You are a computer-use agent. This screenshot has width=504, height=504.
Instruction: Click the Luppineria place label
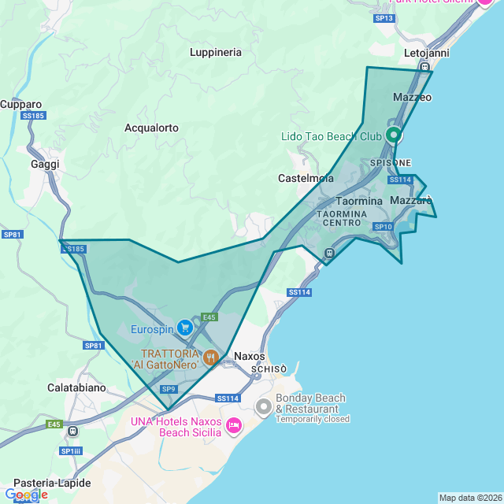pos(216,52)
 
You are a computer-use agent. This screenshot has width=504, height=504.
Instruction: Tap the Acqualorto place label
pos(151,128)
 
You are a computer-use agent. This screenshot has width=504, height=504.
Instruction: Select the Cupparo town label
pos(21,104)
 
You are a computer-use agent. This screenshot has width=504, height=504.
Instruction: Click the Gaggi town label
pos(45,164)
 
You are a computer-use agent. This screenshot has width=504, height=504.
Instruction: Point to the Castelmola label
pos(306,179)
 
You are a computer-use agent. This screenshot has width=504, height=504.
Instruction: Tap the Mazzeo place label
pos(412,97)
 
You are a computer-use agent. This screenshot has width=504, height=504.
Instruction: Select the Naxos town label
pos(250,356)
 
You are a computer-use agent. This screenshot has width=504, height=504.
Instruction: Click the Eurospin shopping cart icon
pos(185,327)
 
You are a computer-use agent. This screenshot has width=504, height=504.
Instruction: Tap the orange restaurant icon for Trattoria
pos(210,358)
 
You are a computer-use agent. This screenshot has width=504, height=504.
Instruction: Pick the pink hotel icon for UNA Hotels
pos(234,426)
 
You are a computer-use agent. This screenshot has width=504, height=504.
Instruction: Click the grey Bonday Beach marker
pos(264,407)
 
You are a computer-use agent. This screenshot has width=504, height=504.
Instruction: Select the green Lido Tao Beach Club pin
pos(394,135)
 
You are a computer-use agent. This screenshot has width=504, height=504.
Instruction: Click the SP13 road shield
pos(384,17)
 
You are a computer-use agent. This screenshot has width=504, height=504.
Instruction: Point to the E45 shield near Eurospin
pos(209,317)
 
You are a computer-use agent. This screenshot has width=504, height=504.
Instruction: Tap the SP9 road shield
pos(169,389)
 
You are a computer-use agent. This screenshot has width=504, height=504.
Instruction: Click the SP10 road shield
pos(383,227)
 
